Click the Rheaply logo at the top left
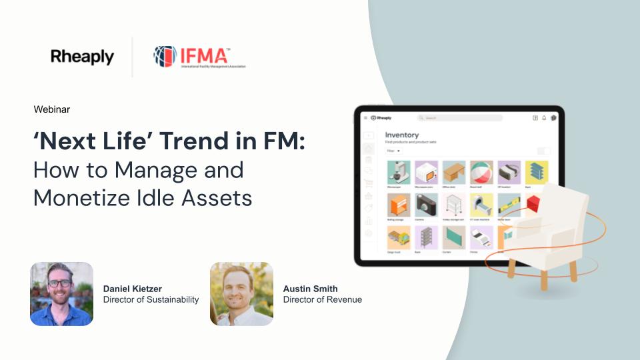click(x=82, y=57)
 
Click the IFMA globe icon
click(x=165, y=57)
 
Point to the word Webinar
click(x=51, y=109)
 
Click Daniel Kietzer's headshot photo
click(x=61, y=293)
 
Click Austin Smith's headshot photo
click(x=241, y=293)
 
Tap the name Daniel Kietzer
click(x=133, y=289)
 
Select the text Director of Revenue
click(x=323, y=300)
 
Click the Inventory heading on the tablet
click(x=401, y=135)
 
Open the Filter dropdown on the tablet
click(x=394, y=151)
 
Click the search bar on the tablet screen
click(x=463, y=118)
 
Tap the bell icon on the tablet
click(x=544, y=118)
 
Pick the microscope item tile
click(x=398, y=171)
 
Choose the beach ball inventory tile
click(x=481, y=171)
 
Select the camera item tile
click(x=425, y=205)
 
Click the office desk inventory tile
click(x=453, y=171)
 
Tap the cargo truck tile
click(x=398, y=238)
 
